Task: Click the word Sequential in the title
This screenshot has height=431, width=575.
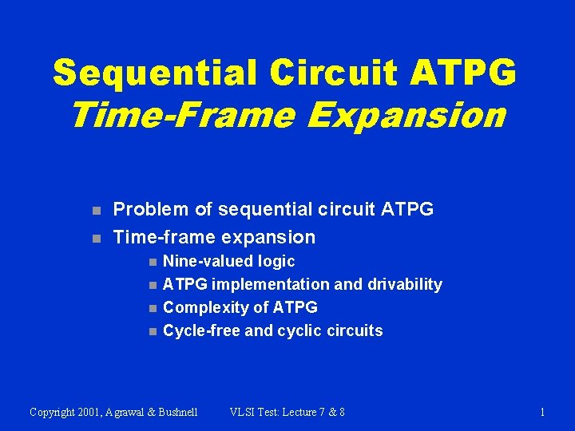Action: [x=154, y=73]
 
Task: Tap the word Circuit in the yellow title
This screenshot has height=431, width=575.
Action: [x=333, y=72]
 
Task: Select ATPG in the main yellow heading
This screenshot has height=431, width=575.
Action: [x=463, y=72]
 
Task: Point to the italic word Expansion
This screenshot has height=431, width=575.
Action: [x=406, y=117]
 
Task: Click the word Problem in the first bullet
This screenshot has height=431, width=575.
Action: [x=151, y=209]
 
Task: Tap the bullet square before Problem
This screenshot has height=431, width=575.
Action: [x=97, y=211]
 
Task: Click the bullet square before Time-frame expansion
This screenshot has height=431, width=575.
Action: [x=97, y=239]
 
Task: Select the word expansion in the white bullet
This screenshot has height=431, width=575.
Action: [x=269, y=238]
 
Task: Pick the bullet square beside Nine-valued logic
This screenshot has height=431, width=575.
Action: [x=153, y=263]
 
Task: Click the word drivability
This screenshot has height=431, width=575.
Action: [x=405, y=285]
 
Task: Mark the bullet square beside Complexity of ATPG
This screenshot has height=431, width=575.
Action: [x=153, y=309]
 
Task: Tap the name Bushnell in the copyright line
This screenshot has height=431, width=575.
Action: [x=178, y=413]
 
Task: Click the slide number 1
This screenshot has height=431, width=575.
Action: [x=542, y=413]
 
